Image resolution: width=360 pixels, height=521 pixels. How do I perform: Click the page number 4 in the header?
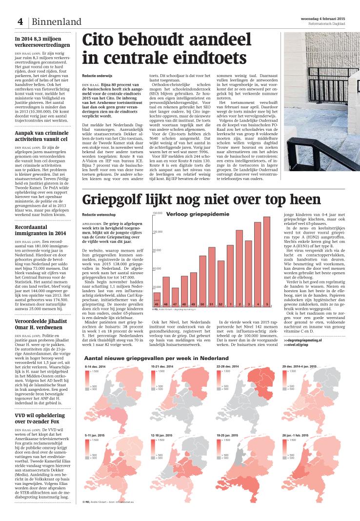pos(20,21)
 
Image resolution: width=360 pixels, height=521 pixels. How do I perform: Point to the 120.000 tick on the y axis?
pos(158,232)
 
